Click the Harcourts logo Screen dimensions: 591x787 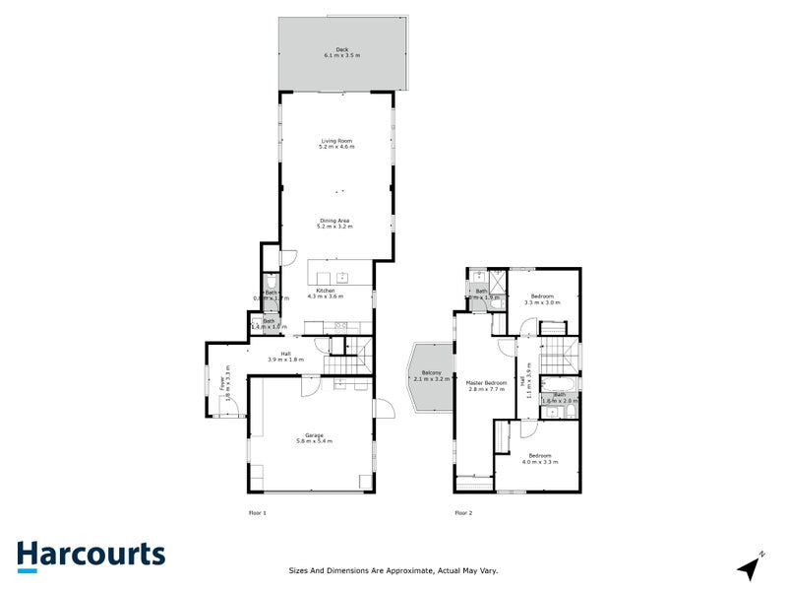pos(91,555)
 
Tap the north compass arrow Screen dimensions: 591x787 pos(751,567)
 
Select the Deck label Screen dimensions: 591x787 pos(341,49)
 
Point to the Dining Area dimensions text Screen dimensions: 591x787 pos(334,227)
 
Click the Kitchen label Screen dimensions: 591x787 pos(325,290)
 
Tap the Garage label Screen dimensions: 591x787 pos(314,434)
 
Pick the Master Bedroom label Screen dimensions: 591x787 pos(487,382)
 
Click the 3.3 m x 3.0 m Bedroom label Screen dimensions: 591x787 pos(542,296)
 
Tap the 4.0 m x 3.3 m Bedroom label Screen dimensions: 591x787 pos(540,455)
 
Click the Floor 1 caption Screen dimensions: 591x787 pos(258,512)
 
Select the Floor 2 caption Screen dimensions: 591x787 pos(463,512)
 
